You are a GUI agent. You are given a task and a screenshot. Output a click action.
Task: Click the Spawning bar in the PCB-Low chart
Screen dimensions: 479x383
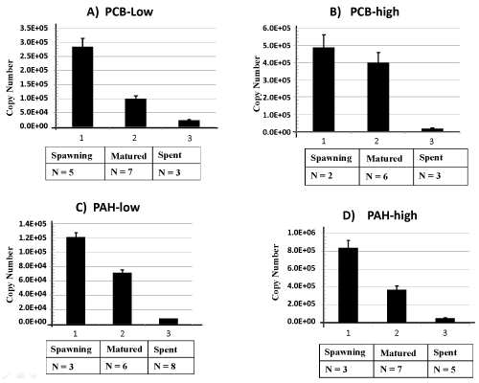click(x=82, y=87)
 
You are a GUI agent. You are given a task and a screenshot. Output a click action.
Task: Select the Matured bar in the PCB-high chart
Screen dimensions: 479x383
click(x=378, y=97)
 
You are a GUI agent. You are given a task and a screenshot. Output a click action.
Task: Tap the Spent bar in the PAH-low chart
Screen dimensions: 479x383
click(x=169, y=322)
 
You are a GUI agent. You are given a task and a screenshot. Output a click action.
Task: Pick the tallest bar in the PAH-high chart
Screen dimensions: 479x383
click(x=348, y=285)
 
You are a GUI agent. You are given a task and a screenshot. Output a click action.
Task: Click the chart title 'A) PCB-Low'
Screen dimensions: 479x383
click(x=120, y=11)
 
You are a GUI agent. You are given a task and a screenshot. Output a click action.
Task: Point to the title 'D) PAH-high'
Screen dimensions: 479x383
click(x=379, y=215)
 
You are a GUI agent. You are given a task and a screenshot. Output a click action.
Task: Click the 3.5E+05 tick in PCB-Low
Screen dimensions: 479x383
click(x=34, y=28)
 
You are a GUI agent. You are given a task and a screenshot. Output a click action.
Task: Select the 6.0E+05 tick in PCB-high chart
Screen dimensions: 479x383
click(x=277, y=28)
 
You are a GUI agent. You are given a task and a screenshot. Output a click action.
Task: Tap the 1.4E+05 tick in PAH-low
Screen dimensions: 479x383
click(x=33, y=224)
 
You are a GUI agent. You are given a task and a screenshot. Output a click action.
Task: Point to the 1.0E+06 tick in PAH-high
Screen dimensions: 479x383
click(x=301, y=233)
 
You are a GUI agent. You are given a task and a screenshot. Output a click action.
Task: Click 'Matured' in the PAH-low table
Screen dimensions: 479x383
click(x=125, y=349)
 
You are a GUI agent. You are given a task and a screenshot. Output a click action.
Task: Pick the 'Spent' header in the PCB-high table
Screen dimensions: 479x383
click(x=431, y=158)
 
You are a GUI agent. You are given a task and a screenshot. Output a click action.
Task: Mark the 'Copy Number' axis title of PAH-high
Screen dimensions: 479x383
click(x=276, y=272)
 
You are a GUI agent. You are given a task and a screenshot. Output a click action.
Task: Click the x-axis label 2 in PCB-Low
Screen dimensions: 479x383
click(x=134, y=138)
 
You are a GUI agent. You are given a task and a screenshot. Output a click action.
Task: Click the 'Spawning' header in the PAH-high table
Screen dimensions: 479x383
click(x=345, y=352)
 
